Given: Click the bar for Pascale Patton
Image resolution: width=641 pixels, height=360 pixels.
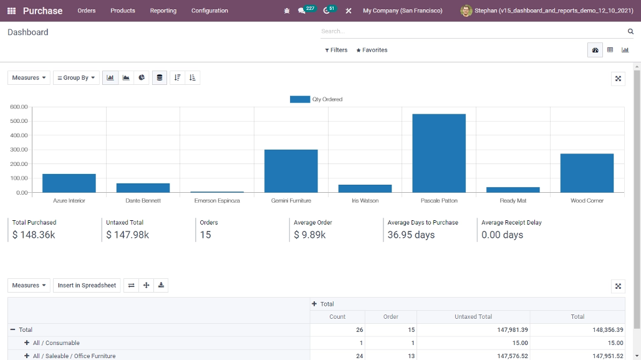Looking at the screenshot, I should tap(439, 153).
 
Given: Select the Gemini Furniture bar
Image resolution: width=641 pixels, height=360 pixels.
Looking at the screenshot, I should tap(291, 171).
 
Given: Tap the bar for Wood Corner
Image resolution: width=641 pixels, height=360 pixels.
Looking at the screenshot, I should tap(587, 173).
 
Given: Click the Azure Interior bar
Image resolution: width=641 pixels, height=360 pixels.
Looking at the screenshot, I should tap(69, 183).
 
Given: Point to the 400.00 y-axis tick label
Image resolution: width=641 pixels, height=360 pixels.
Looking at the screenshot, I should tap(19, 135).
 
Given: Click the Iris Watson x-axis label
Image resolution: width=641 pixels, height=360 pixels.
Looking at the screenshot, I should tap(365, 201).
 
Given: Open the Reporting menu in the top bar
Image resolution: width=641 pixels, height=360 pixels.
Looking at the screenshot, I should tap(163, 11).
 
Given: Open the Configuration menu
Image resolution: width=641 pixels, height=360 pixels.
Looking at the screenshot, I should tap(210, 11).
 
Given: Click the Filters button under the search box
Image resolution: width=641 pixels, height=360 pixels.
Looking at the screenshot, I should tap(336, 50).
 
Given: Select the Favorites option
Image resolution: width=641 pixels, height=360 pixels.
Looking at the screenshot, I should tap(372, 50).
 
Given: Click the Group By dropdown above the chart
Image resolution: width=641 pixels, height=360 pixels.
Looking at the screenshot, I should tap(76, 78).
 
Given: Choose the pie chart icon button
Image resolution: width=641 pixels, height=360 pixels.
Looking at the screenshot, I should tap(142, 78).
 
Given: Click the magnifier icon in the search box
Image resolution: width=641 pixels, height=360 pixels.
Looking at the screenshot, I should tap(630, 31).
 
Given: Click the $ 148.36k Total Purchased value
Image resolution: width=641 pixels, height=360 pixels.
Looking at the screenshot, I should tap(34, 235).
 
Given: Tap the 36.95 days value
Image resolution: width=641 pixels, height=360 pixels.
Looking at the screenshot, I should tap(411, 235).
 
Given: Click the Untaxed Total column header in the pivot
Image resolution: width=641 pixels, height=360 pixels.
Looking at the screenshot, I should tap(473, 317).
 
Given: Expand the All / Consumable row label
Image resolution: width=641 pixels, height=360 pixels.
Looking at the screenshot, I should tap(52, 343).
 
